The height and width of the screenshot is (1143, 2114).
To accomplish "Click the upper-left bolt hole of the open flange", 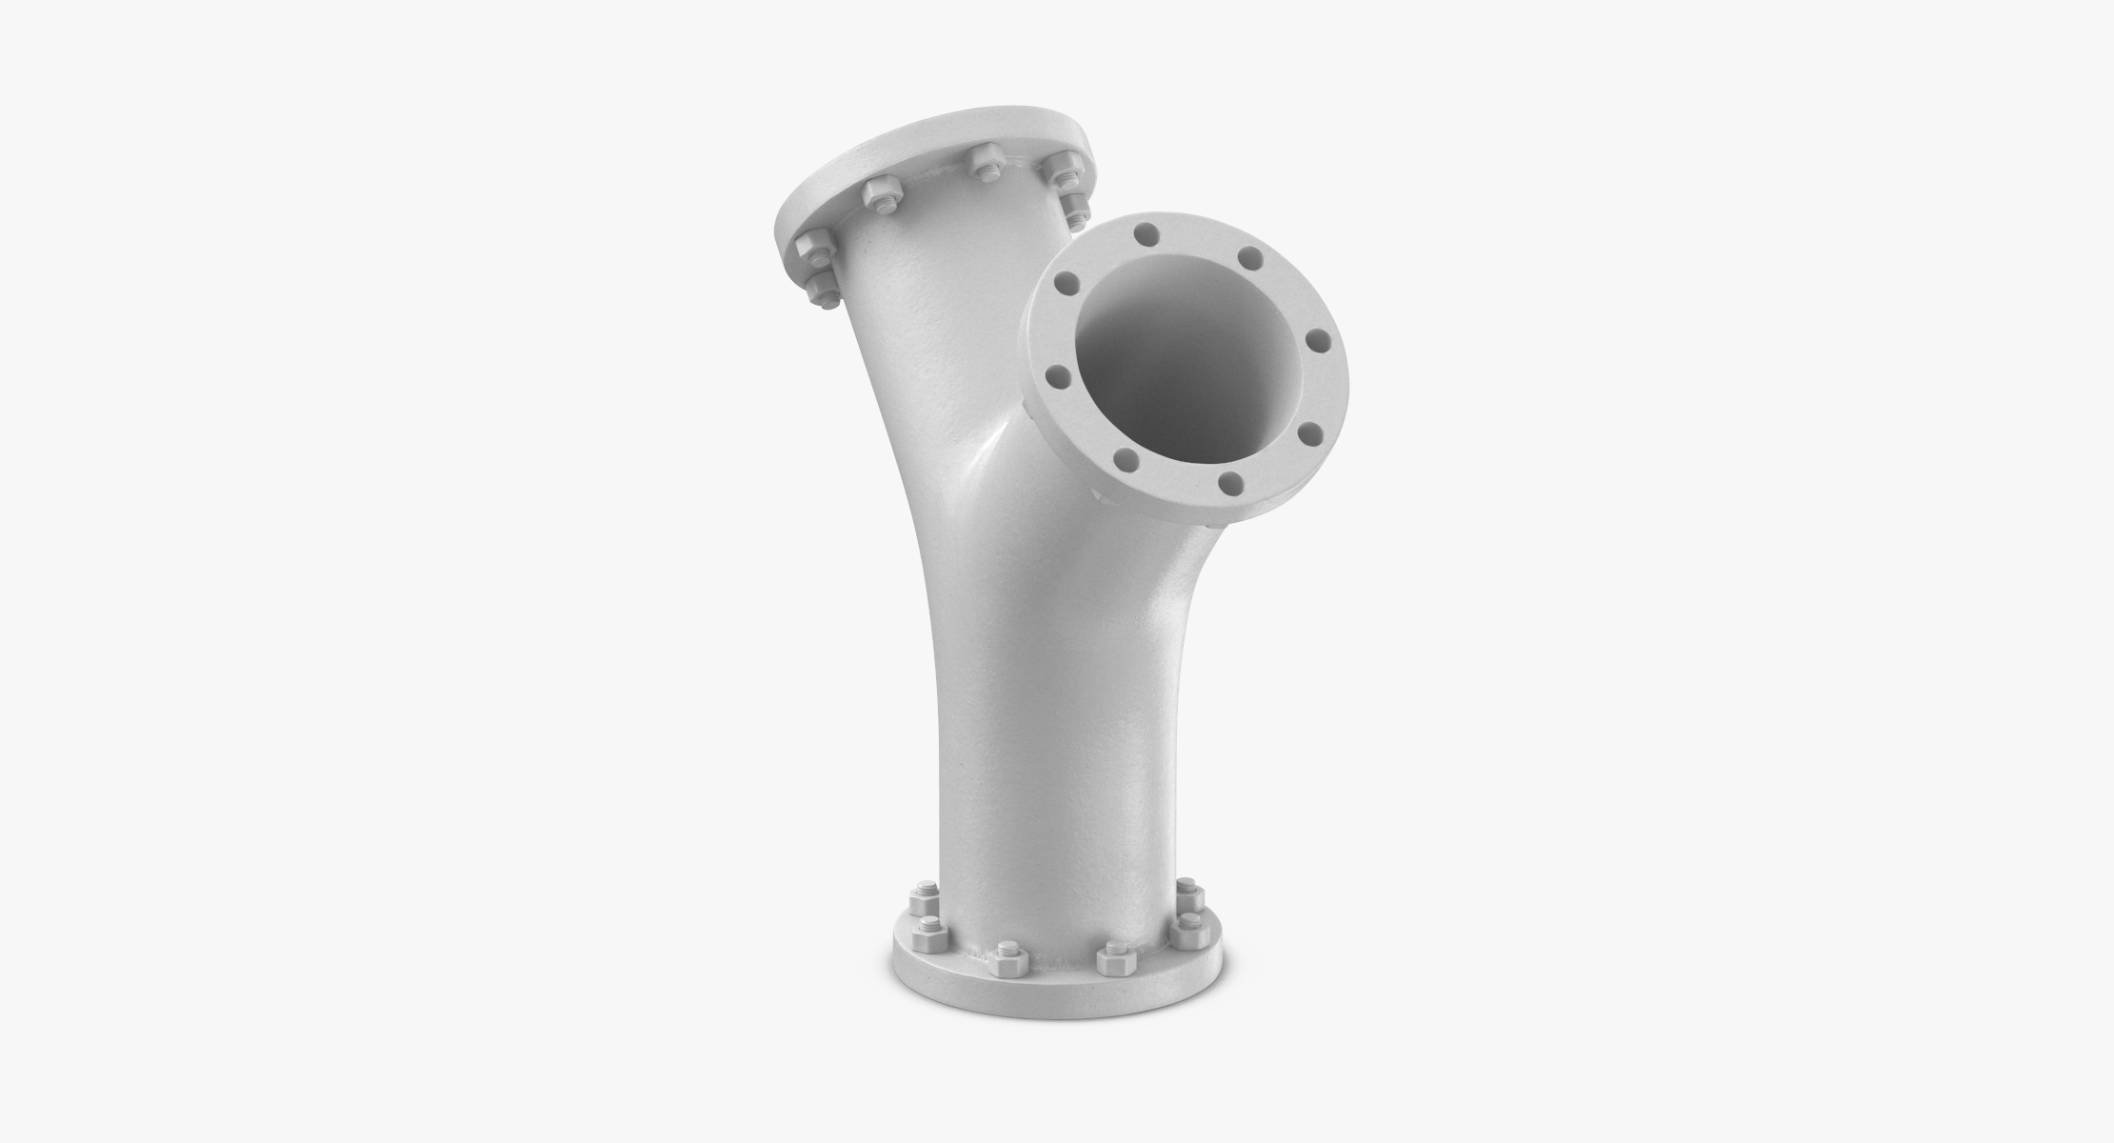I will coord(1067,282).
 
